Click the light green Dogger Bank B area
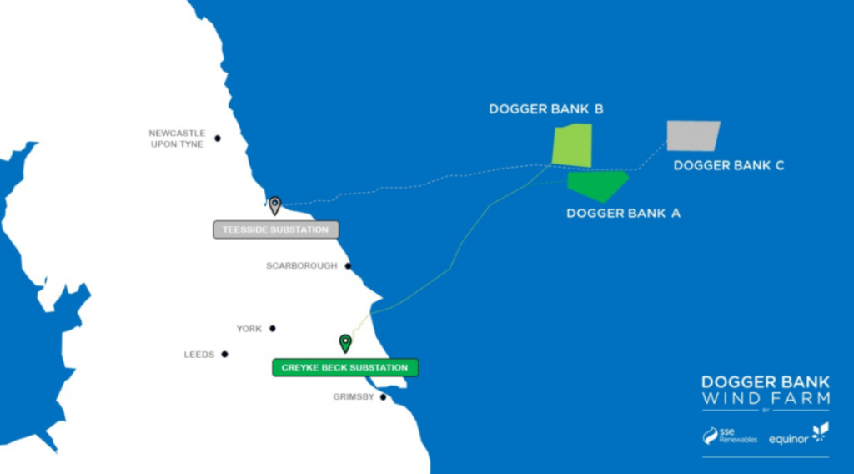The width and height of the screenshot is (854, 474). [x=573, y=145]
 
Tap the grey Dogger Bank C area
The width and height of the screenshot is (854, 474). [x=692, y=135]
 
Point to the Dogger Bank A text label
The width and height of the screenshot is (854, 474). [x=623, y=213]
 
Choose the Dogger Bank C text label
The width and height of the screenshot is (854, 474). [x=728, y=165]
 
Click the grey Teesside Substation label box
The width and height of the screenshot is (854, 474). [x=276, y=229]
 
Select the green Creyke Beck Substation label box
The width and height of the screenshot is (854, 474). [x=344, y=367]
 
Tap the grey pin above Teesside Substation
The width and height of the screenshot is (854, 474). [x=274, y=204]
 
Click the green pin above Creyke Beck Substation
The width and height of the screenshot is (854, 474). [x=345, y=342]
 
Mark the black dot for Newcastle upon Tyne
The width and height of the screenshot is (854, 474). [x=218, y=139]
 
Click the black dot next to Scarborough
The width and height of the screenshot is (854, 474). [x=348, y=266]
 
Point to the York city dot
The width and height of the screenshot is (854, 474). [x=273, y=329]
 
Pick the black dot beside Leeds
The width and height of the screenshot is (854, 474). [x=225, y=355]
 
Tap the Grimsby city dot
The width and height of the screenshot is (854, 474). [x=384, y=397]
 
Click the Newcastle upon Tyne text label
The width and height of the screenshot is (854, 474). [x=177, y=139]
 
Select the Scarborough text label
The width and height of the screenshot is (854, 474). [x=301, y=266]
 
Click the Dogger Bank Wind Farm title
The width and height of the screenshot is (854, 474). [x=766, y=390]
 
